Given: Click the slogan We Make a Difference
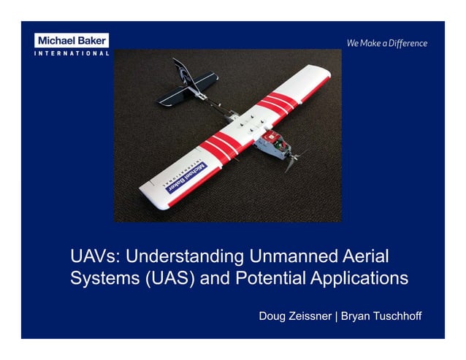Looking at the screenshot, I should click(x=387, y=43).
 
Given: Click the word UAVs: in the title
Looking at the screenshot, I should click(x=94, y=256).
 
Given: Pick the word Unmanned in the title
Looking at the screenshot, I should click(x=283, y=256).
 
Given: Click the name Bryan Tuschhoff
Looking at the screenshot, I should click(x=381, y=316).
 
